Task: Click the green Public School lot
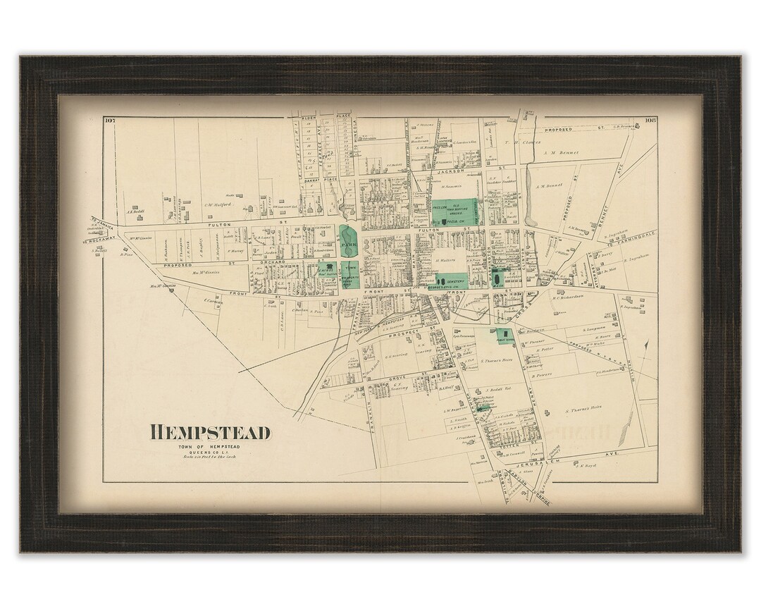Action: [x=505, y=336]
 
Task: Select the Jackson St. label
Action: [x=451, y=171]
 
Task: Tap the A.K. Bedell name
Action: [x=135, y=210]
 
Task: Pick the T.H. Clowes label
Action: [x=522, y=142]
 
